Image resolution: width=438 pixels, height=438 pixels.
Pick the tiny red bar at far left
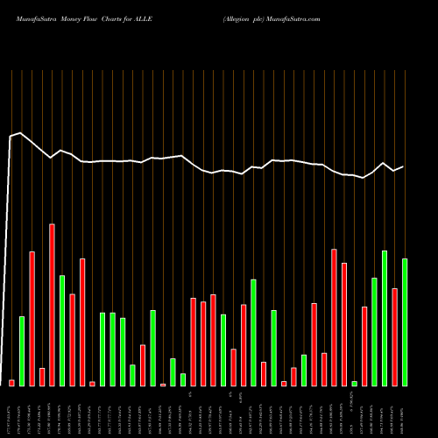click(x=11, y=383)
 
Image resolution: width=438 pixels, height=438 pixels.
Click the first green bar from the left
click(x=22, y=350)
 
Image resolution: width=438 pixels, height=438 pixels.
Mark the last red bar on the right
click(x=395, y=336)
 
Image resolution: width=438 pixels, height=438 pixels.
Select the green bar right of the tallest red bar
click(x=62, y=330)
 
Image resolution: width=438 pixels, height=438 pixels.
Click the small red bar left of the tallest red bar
click(x=42, y=377)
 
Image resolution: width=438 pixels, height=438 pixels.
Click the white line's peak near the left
click(x=20, y=133)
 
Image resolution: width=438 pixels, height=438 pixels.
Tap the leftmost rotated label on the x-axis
click(x=11, y=415)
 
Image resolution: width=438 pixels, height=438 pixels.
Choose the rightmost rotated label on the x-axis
click(x=405, y=415)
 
